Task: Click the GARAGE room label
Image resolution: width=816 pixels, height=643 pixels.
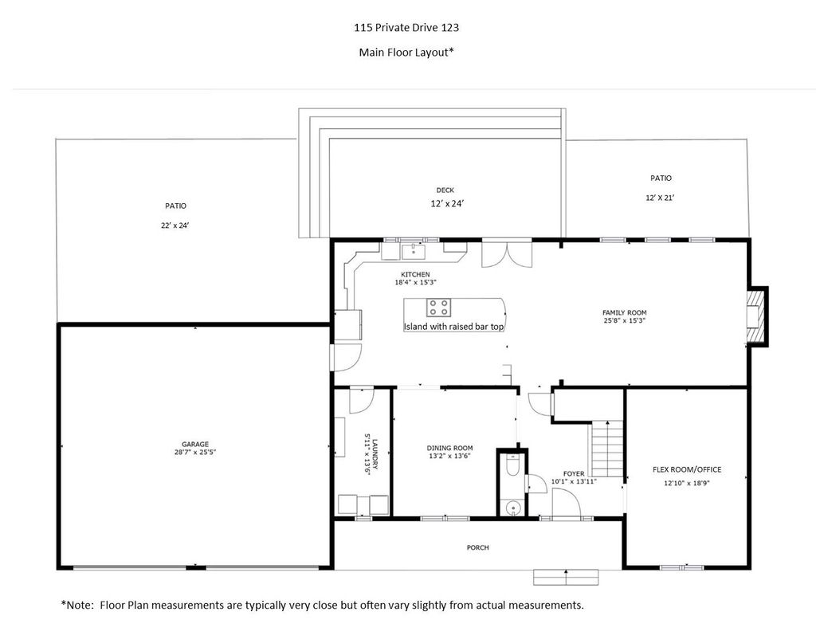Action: tap(195, 445)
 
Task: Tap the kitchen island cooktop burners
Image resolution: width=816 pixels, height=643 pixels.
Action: tap(439, 308)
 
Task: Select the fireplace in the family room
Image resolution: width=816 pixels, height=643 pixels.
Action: tap(757, 316)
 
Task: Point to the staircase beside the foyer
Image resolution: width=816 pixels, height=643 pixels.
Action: tap(606, 449)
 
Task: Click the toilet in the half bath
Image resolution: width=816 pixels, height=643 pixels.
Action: tap(512, 466)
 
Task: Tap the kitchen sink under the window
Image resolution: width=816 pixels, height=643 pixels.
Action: tap(414, 252)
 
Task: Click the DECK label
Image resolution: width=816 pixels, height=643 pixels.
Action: tap(445, 190)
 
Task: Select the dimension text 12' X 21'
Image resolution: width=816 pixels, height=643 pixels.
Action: tap(661, 198)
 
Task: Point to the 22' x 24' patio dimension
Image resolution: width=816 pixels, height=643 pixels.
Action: tap(175, 225)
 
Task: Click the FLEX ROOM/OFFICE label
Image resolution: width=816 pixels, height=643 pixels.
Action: tap(687, 470)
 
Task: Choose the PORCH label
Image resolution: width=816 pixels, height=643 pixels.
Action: tap(478, 548)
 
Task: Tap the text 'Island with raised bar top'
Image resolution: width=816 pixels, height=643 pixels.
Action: tap(453, 327)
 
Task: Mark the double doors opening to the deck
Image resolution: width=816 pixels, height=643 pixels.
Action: tap(507, 254)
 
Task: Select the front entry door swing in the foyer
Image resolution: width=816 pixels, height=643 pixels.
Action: tap(567, 503)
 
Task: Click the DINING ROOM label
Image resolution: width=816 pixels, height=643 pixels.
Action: tap(449, 448)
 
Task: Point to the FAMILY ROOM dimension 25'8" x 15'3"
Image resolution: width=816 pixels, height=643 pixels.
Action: tap(625, 320)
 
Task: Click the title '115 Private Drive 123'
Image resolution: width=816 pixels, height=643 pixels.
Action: tap(406, 28)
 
